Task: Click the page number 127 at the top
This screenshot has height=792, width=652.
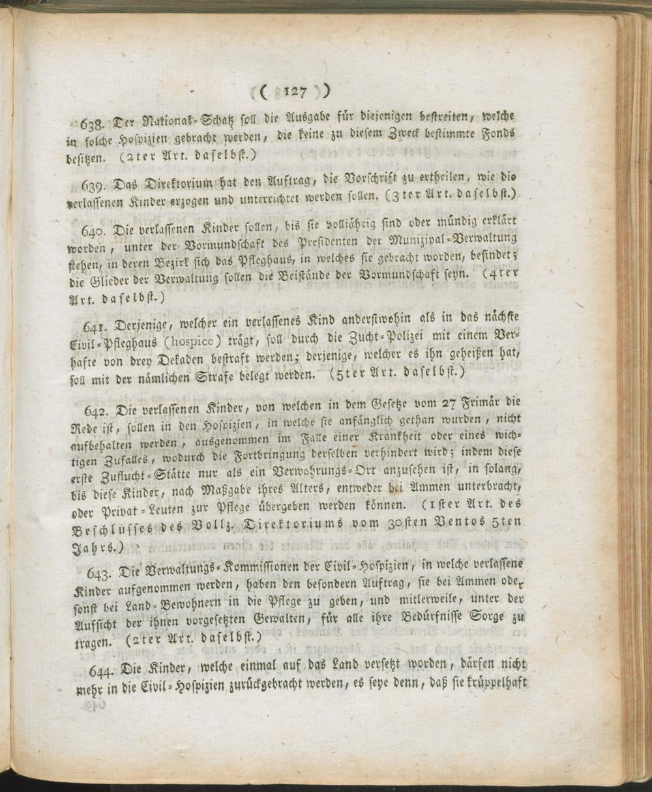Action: (x=295, y=93)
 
